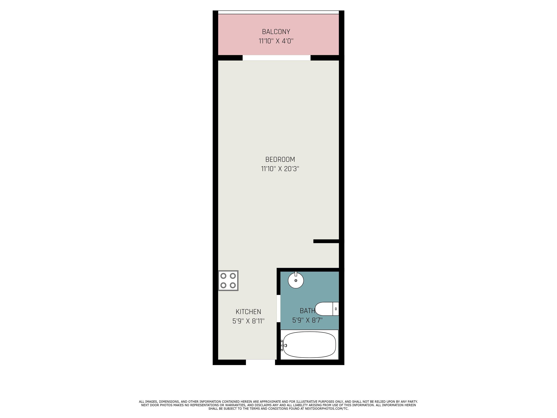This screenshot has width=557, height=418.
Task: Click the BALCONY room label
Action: [x=276, y=32]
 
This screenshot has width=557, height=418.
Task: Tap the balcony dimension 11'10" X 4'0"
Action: [x=276, y=41]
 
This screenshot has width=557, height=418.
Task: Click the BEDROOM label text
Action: [x=280, y=159]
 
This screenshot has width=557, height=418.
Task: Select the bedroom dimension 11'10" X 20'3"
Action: [x=280, y=169]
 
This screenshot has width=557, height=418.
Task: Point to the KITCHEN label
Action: [x=248, y=312]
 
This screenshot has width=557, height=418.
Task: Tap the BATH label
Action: [x=307, y=311]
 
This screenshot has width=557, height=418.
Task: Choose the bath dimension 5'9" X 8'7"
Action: [x=307, y=320]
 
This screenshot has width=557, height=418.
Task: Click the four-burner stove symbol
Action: [x=228, y=280]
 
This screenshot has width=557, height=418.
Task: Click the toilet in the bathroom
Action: [x=325, y=309]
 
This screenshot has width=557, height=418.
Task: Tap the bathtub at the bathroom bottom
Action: [x=310, y=345]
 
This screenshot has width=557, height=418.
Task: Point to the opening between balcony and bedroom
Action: [x=277, y=58]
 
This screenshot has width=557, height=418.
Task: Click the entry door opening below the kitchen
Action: [x=260, y=362]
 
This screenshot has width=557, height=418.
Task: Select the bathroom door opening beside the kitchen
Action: [x=278, y=308]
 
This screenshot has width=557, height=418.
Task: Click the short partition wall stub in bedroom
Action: [x=326, y=241]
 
